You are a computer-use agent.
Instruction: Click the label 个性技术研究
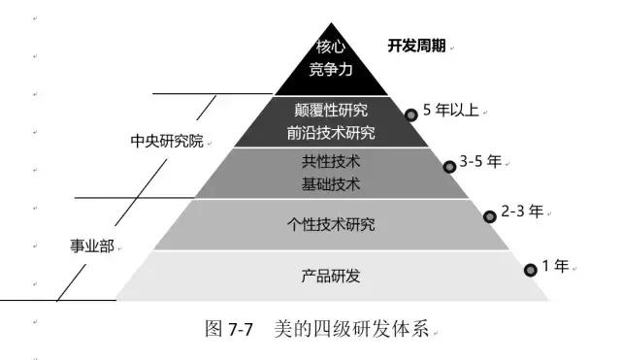pos(331,225)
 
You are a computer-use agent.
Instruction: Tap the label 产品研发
pos(331,277)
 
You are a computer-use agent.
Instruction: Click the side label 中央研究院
pos(167,140)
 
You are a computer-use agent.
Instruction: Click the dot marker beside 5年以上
pos(410,115)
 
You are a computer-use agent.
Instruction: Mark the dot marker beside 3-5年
pos(449,166)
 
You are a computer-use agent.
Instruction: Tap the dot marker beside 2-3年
pos(491,215)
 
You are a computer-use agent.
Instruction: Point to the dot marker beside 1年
pos(530,270)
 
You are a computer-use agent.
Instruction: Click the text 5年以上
pos(451,110)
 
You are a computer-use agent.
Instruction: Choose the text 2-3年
pos(522,210)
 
